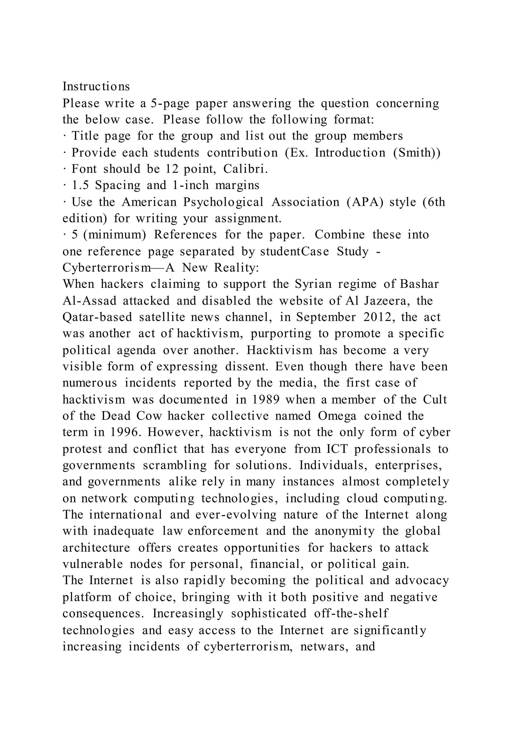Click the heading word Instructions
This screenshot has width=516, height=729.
[96, 86]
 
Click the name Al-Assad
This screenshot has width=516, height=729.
[90, 301]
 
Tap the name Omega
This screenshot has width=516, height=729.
[337, 416]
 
